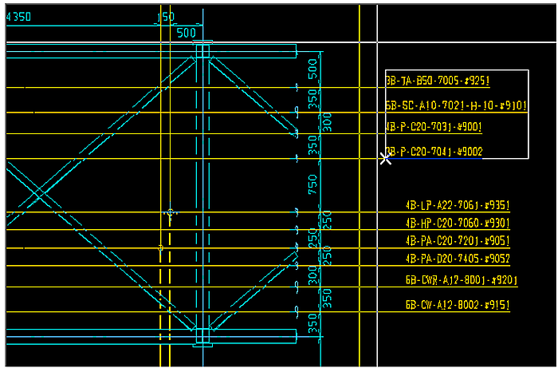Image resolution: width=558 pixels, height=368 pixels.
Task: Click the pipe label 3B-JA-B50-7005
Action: click(x=437, y=81)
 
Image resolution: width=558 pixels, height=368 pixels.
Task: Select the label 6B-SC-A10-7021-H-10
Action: click(x=455, y=105)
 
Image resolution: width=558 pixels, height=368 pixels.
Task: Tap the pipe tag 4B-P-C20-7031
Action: click(x=434, y=127)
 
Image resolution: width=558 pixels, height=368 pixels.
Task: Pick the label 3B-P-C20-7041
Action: click(x=434, y=152)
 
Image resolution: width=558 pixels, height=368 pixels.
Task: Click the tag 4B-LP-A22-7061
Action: click(x=457, y=205)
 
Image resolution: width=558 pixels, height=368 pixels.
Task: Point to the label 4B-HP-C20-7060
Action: click(x=457, y=224)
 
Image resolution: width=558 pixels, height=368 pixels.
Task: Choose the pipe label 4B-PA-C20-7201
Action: click(x=457, y=241)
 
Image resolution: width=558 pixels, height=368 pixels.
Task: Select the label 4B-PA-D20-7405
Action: click(x=457, y=259)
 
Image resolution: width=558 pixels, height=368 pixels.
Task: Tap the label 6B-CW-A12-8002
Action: click(x=457, y=306)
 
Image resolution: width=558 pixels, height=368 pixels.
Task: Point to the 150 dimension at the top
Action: click(x=166, y=17)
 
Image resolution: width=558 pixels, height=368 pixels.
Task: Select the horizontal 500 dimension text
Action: click(x=186, y=33)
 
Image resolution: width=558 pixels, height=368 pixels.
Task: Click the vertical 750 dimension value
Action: click(x=313, y=186)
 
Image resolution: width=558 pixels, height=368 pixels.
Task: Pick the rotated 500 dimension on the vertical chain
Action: click(x=313, y=69)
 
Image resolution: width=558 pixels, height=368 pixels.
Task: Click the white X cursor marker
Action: click(x=386, y=158)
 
